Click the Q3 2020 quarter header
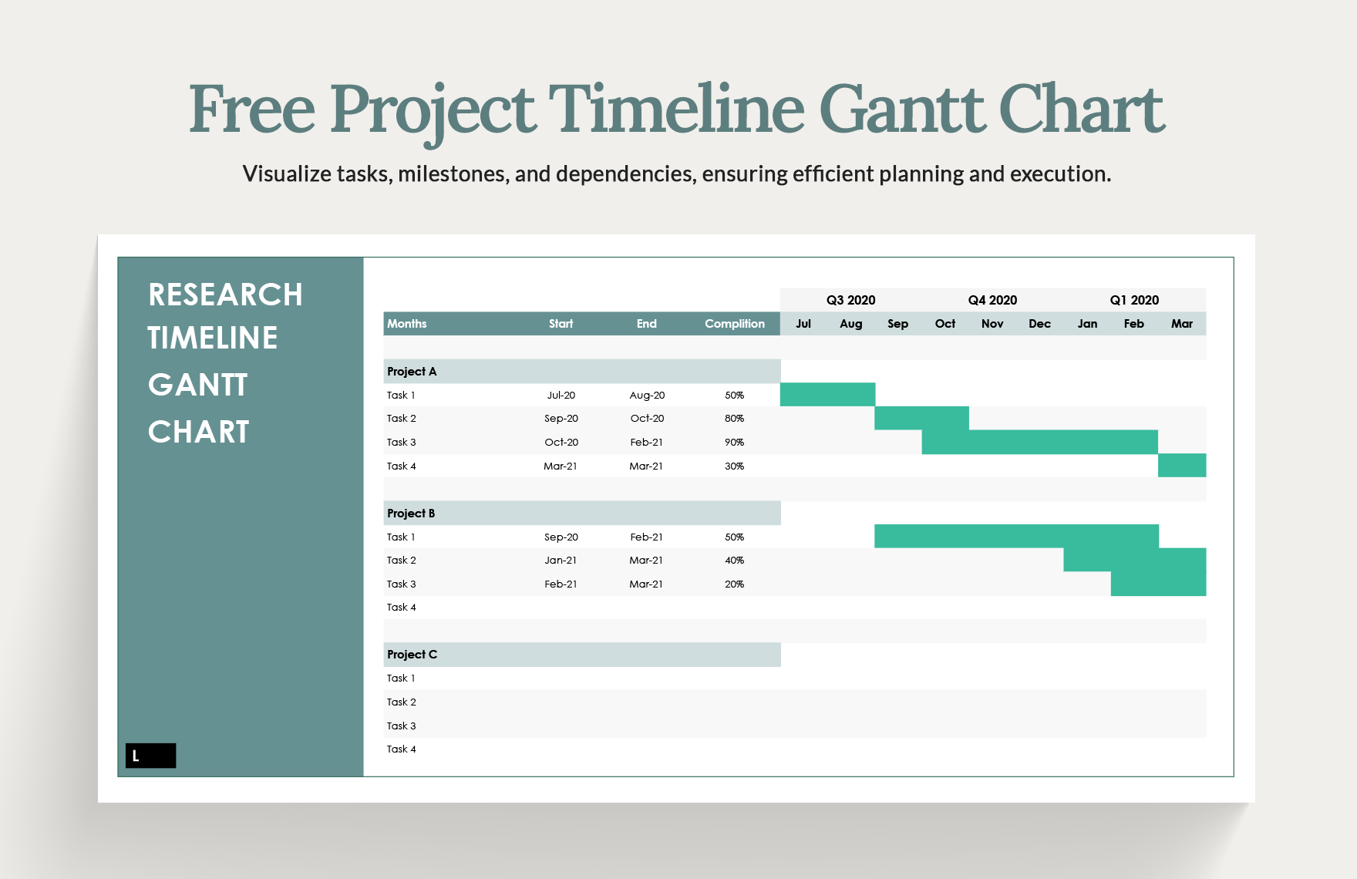(x=850, y=300)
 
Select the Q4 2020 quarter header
(x=992, y=300)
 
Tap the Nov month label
(x=992, y=324)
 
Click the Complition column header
(x=734, y=324)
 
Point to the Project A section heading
(x=412, y=372)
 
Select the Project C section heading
(x=412, y=655)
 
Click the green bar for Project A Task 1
(x=827, y=395)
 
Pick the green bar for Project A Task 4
(x=1182, y=466)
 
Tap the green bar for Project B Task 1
(x=1016, y=537)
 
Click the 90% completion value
(x=734, y=443)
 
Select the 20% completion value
(x=734, y=584)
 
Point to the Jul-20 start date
(x=561, y=396)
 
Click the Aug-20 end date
(x=647, y=396)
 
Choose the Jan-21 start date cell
(x=561, y=561)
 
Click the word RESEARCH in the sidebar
(x=225, y=295)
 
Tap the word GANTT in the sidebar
(x=198, y=385)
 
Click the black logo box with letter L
(x=151, y=756)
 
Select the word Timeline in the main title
(x=676, y=109)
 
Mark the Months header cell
(x=406, y=324)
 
